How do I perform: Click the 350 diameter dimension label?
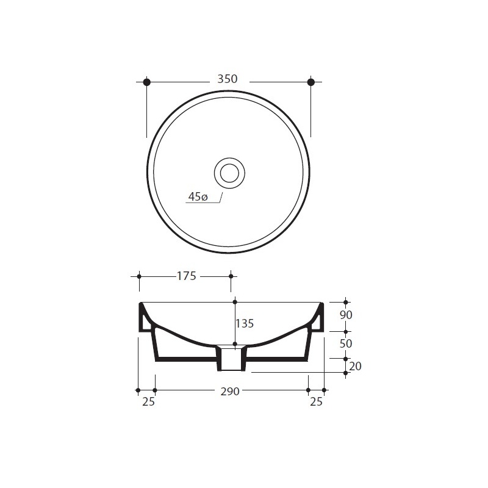point(228,79)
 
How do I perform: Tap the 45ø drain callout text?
point(198,196)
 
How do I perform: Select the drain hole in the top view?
point(229,173)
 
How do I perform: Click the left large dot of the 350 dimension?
point(147,82)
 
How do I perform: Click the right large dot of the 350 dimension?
point(311,82)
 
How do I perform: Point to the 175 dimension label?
point(187,276)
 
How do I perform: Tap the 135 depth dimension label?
point(245,324)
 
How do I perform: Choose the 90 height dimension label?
point(346,315)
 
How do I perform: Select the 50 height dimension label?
point(346,343)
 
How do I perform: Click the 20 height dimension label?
point(355,367)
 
